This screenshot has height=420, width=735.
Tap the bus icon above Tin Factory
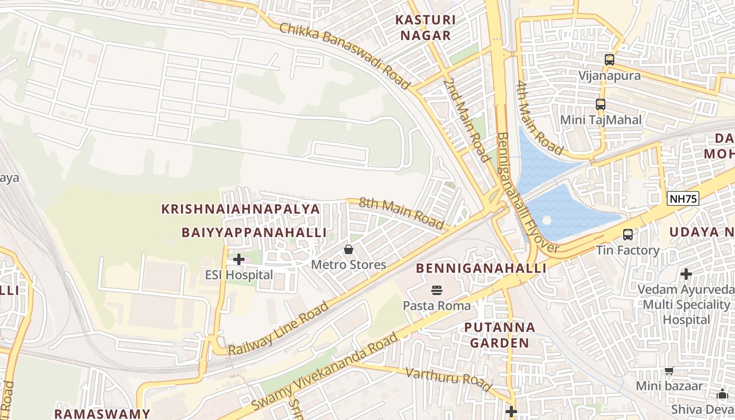(627, 234)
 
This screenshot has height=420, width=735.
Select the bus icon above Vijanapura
(609, 59)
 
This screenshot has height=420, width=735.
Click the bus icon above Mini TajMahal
(601, 104)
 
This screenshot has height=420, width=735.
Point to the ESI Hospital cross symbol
(239, 259)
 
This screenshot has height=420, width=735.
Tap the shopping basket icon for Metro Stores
(348, 249)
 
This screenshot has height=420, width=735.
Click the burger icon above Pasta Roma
(436, 290)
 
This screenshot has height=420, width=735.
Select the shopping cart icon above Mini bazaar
(669, 371)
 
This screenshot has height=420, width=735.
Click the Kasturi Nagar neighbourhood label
(425, 28)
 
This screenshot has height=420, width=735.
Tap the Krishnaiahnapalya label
(240, 209)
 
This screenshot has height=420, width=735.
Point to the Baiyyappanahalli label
(254, 232)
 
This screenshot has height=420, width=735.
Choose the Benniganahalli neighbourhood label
(481, 268)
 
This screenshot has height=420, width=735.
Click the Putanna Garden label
(499, 335)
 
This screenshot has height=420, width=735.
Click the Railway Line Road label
(278, 328)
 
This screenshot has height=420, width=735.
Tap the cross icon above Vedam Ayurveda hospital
(686, 274)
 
